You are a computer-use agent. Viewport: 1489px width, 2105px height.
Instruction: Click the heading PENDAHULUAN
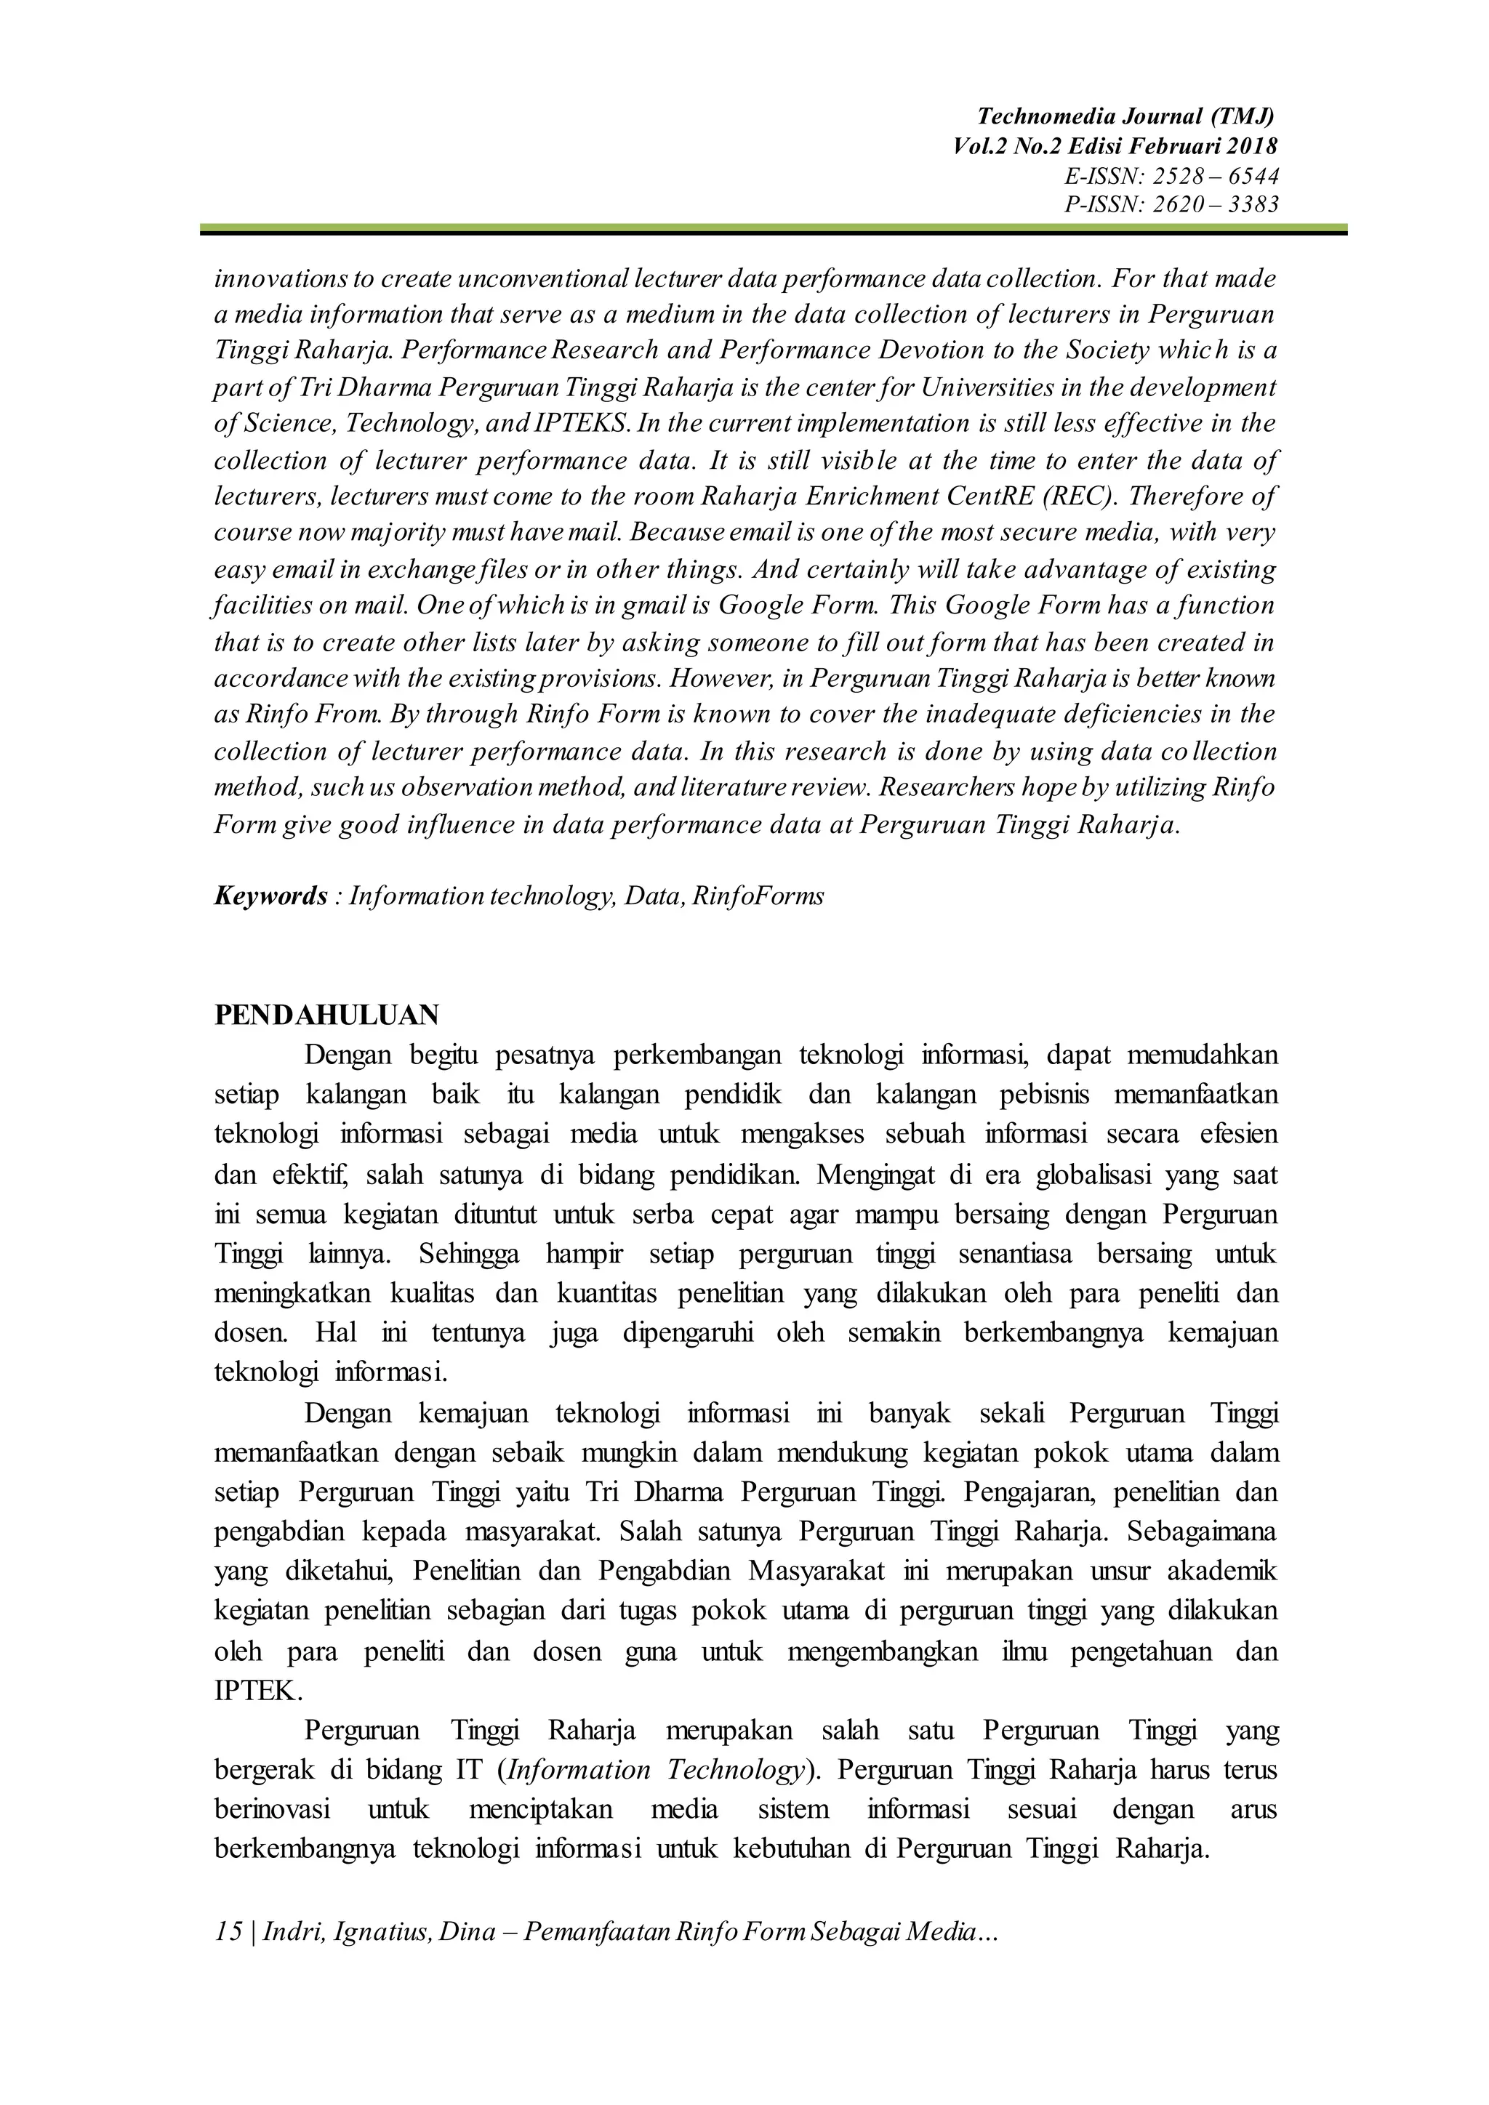click(326, 1015)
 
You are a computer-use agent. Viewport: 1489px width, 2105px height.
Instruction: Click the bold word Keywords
click(270, 895)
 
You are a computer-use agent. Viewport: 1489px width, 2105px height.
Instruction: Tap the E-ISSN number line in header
click(1171, 175)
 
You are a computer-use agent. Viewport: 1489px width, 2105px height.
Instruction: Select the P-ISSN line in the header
click(1171, 204)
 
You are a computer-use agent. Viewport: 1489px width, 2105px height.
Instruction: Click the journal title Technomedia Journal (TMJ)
click(1126, 116)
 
